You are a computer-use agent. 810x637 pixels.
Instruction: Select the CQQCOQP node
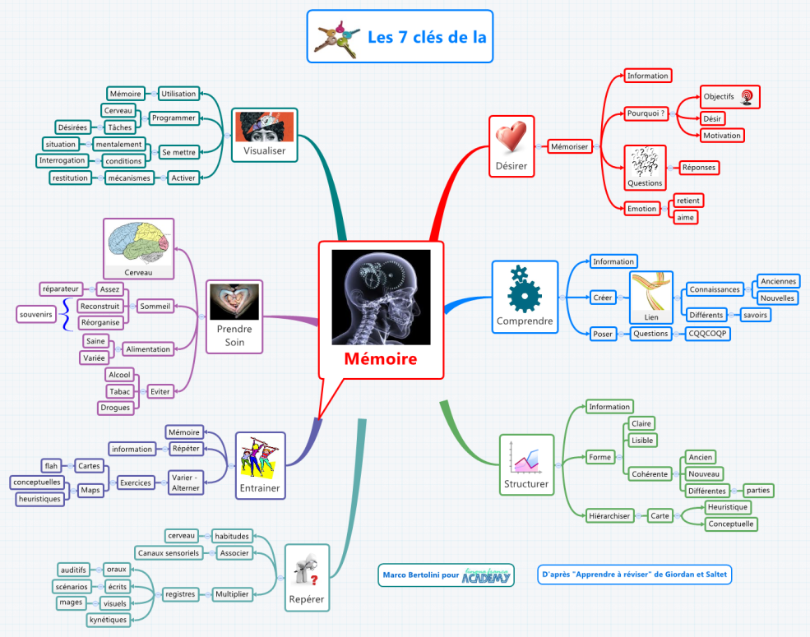(708, 334)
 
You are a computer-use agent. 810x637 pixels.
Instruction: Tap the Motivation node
(722, 135)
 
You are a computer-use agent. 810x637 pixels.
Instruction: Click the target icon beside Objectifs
(747, 97)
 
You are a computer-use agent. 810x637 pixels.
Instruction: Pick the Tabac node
(120, 391)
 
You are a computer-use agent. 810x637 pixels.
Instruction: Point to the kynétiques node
(109, 619)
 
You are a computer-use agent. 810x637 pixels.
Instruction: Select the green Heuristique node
(728, 507)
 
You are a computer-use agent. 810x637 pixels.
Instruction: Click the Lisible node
(641, 440)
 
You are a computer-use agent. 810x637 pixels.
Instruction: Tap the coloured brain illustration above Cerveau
(138, 242)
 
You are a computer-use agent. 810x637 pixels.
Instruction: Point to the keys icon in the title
(337, 38)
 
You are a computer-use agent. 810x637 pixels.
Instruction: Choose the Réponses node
(698, 168)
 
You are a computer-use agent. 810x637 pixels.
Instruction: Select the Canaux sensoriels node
(169, 553)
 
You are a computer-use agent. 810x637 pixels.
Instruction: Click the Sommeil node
(155, 306)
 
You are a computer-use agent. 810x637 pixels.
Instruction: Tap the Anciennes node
(777, 281)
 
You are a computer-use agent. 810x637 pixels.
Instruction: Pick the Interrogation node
(62, 160)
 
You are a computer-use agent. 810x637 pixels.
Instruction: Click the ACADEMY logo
(487, 575)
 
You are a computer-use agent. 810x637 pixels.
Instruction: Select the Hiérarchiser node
(609, 516)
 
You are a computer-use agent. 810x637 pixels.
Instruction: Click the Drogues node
(115, 407)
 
